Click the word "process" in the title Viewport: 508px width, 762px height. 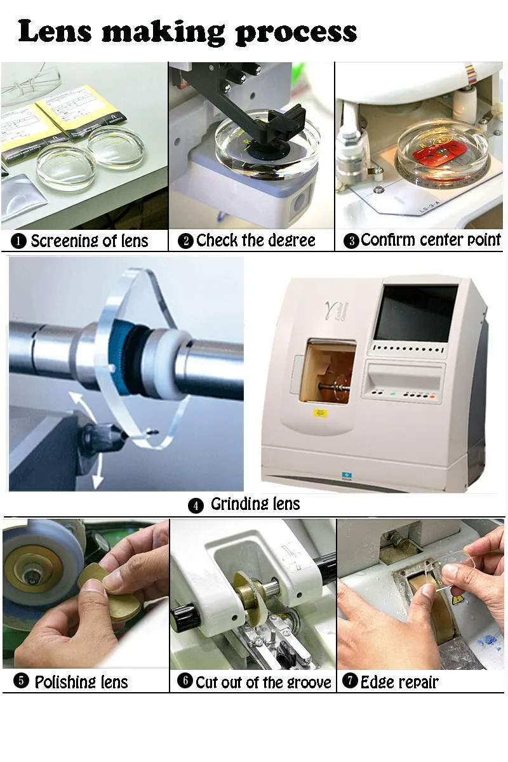(x=296, y=33)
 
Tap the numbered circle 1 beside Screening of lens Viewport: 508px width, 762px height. (x=18, y=241)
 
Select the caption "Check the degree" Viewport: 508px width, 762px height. (x=255, y=241)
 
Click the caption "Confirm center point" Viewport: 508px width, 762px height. (x=431, y=240)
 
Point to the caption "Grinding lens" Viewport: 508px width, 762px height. (x=255, y=504)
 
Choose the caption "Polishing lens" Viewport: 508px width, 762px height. (x=81, y=682)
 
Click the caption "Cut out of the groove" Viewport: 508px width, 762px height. (x=263, y=682)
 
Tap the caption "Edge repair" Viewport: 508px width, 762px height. (x=399, y=682)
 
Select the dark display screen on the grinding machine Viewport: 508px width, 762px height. (x=415, y=313)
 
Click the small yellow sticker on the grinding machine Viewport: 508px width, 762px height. (x=321, y=413)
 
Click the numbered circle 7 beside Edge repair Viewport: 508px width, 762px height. (x=350, y=681)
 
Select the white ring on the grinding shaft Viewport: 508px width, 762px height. (x=168, y=364)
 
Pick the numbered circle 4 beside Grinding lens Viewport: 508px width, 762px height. (x=196, y=506)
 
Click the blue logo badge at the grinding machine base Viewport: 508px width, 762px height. (x=347, y=476)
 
